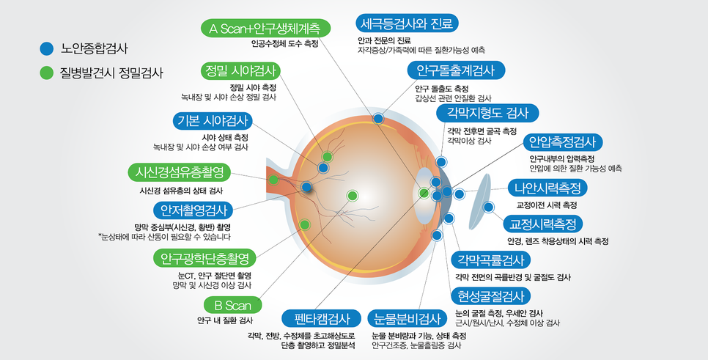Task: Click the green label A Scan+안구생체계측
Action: click(265, 29)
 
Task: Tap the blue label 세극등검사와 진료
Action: click(408, 23)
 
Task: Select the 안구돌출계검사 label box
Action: click(456, 70)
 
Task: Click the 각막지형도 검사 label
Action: click(487, 113)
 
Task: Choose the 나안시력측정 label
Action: click(547, 188)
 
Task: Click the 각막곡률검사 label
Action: click(491, 260)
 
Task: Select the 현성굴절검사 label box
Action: click(491, 296)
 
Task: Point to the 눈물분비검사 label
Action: click(408, 319)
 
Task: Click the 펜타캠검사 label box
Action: click(322, 319)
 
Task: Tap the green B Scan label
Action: click(233, 305)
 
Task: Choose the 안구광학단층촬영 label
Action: click(205, 258)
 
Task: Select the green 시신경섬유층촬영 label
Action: click(180, 172)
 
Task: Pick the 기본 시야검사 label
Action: click(213, 120)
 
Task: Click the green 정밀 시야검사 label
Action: click(240, 71)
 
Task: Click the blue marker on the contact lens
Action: click(488, 207)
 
